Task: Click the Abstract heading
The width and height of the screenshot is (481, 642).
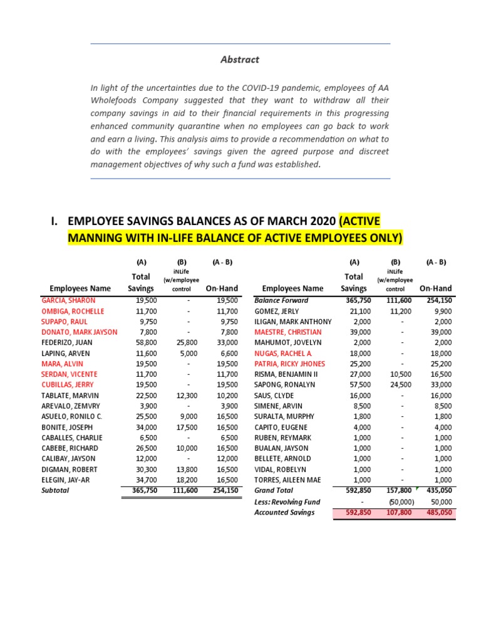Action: coord(240,60)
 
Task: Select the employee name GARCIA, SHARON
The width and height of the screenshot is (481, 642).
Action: coord(68,300)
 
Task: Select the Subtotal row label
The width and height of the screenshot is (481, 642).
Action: coord(55,490)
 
